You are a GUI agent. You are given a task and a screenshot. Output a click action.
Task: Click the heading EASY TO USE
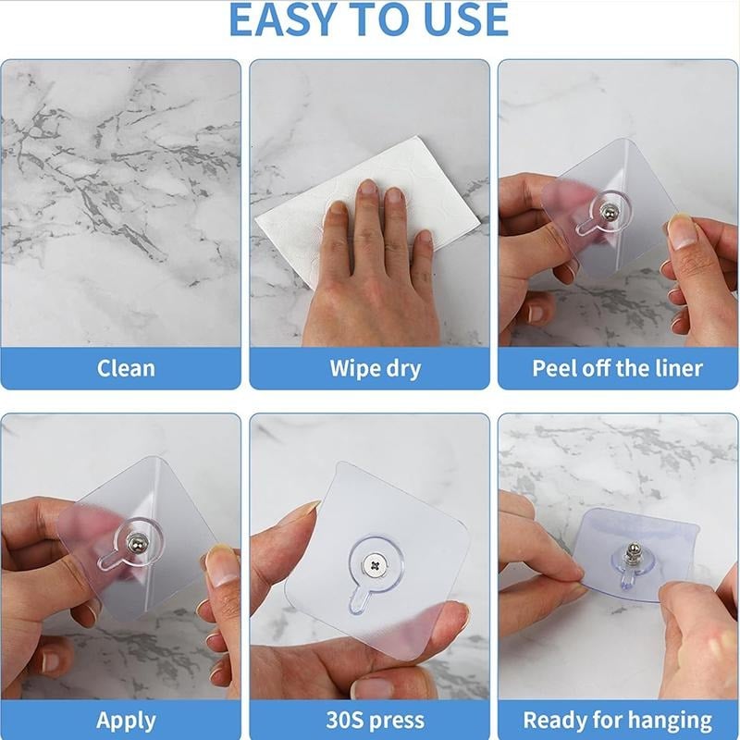(368, 20)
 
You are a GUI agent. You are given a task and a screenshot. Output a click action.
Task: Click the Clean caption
(126, 368)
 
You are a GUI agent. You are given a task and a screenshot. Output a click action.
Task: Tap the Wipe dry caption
(375, 368)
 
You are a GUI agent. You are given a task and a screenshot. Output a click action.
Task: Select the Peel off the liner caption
(617, 368)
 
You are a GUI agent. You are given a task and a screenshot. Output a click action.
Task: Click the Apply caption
(126, 720)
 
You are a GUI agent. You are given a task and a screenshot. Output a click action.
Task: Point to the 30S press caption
(375, 720)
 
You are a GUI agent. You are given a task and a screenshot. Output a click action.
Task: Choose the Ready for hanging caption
(617, 720)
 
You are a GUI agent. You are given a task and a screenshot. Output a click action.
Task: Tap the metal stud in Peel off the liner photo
(606, 214)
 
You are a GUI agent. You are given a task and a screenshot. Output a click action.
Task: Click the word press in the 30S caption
(395, 720)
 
